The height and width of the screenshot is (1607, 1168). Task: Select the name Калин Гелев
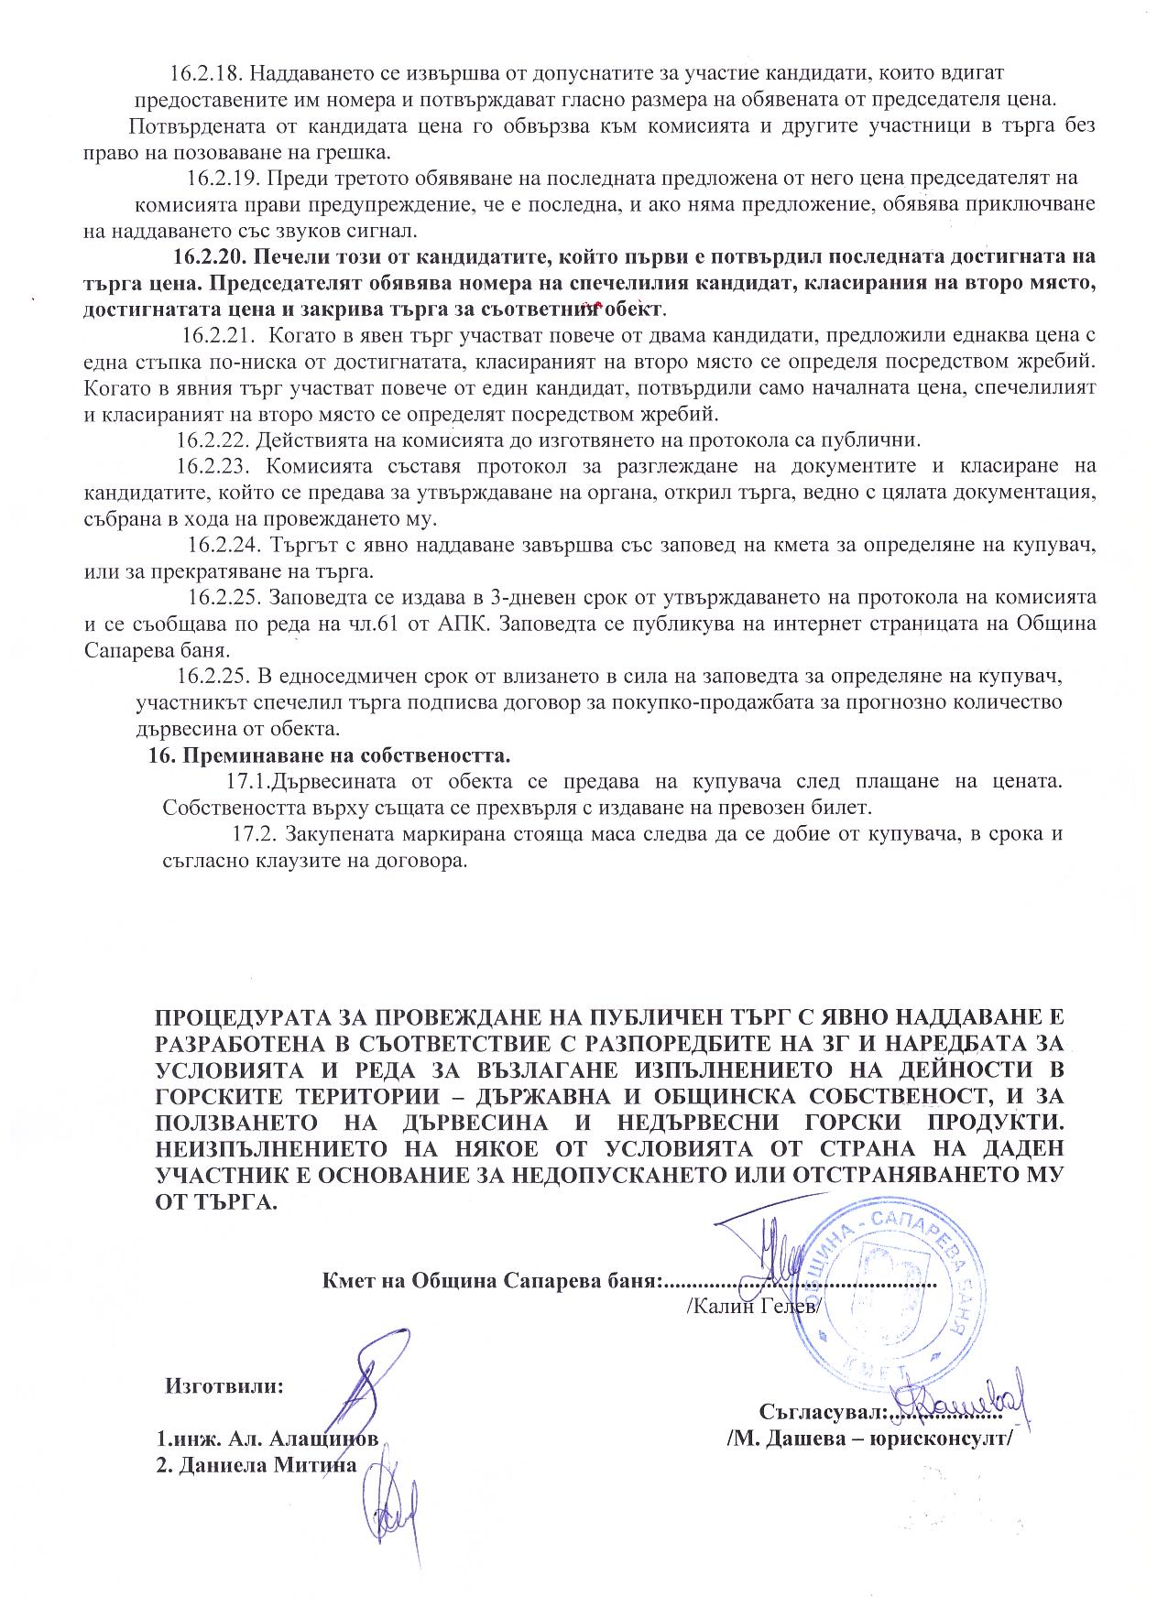pos(755,1305)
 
